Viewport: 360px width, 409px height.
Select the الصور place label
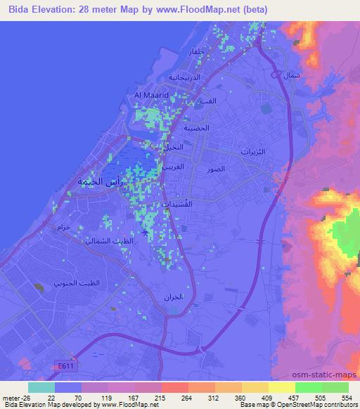216,170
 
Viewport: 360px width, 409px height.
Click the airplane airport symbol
145,233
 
